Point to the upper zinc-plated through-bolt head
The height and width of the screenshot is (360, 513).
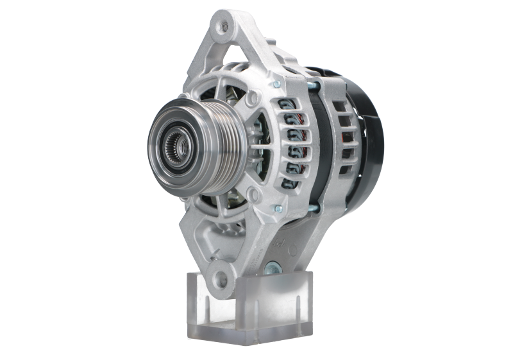(276, 83)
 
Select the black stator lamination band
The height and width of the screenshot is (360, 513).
(324, 141)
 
